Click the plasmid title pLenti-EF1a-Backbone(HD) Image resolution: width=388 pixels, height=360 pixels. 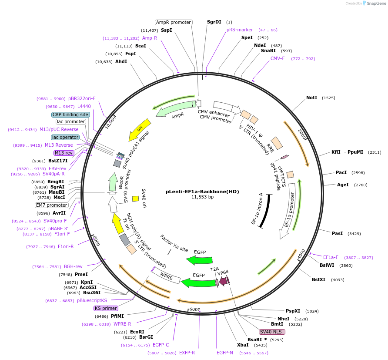[x=202, y=191]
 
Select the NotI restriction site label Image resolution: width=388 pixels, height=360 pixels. [x=311, y=98]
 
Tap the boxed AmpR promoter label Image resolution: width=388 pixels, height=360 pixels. [x=174, y=22]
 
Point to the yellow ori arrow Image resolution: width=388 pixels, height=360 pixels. [x=140, y=129]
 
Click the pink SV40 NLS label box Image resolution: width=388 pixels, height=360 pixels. [x=272, y=332]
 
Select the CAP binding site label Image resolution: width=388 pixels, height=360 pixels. [x=70, y=114]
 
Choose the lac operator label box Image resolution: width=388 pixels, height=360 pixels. [x=65, y=137]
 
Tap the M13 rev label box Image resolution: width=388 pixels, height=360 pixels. [x=64, y=153]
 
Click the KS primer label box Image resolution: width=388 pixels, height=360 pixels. [x=106, y=308]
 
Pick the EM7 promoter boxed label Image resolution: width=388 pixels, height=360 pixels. [x=52, y=205]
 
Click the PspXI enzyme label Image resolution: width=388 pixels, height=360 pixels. [x=293, y=311]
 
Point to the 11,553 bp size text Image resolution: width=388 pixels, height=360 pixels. [x=202, y=197]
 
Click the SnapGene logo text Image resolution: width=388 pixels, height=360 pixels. [x=375, y=3]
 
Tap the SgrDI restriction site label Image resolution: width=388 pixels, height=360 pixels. [x=214, y=22]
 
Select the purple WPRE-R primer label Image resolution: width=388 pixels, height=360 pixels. [x=122, y=324]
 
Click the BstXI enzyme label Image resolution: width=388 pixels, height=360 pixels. [x=318, y=279]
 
